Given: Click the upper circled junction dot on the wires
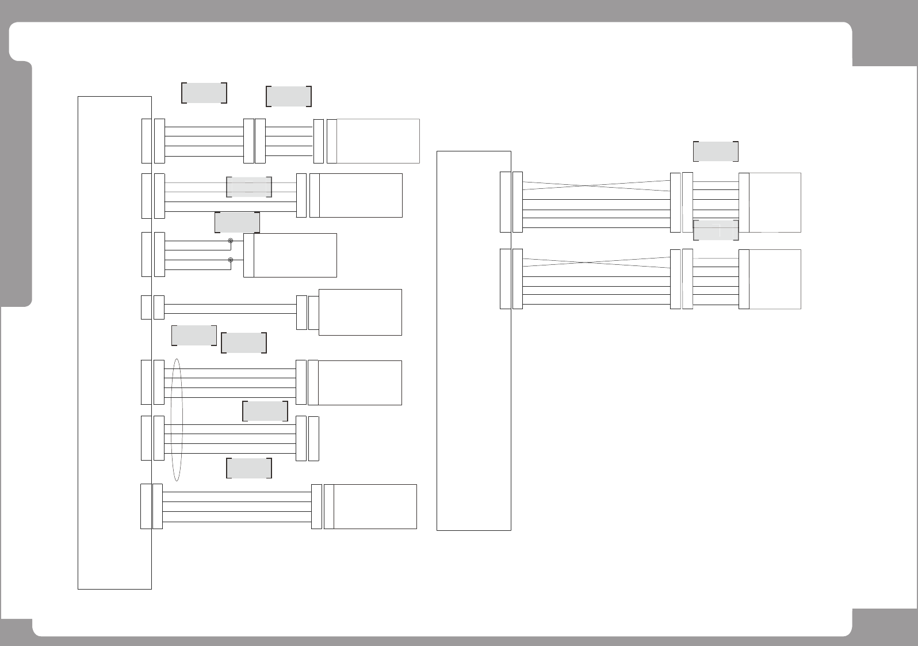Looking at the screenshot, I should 231,241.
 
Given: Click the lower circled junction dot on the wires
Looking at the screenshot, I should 231,260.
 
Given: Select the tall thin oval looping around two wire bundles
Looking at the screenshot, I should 177,420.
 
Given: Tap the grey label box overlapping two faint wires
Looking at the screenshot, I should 248,187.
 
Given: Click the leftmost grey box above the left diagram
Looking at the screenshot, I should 204,93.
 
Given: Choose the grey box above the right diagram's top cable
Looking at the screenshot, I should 716,151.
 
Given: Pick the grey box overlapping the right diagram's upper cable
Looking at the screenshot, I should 716,230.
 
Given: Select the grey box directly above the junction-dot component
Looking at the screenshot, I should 237,222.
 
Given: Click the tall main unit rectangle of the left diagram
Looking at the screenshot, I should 114,343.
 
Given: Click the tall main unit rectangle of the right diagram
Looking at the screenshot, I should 473,340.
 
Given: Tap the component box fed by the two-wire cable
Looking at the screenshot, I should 360,312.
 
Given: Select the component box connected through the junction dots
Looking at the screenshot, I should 294,255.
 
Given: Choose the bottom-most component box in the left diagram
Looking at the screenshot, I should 374,507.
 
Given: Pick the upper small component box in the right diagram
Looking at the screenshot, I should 775,202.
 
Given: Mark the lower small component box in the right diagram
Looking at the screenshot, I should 775,279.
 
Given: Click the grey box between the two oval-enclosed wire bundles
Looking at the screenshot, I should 265,411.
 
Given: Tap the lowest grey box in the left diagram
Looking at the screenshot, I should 248,469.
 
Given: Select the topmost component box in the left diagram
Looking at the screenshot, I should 377,141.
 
